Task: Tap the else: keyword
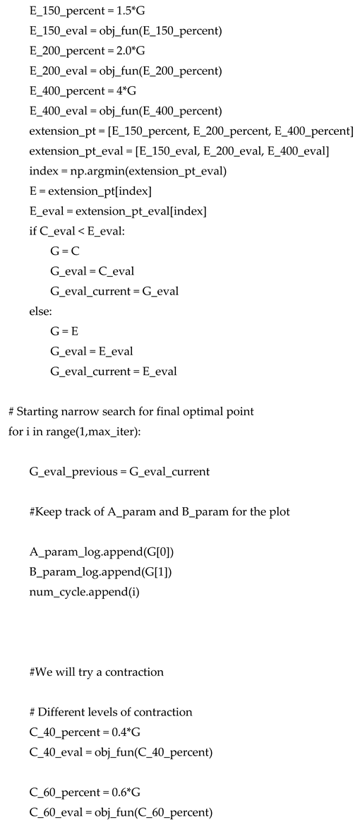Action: click(42, 310)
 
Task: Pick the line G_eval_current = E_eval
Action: click(113, 371)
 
